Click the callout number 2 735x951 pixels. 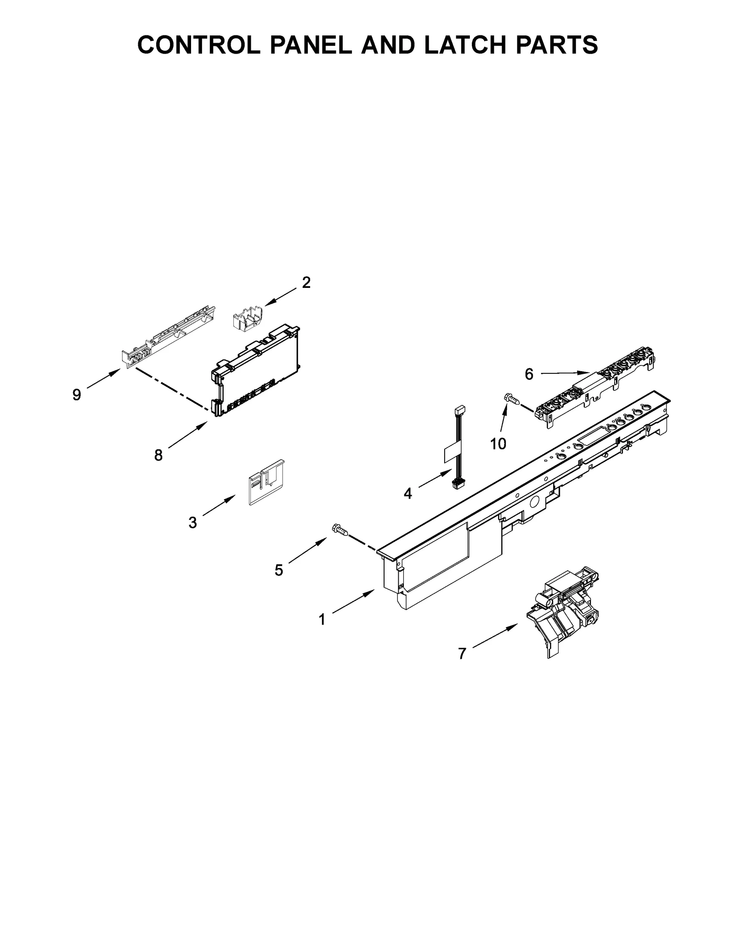306,282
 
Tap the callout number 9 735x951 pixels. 77,394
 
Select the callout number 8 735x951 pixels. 158,455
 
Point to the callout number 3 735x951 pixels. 192,522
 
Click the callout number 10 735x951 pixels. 498,444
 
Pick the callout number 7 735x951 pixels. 462,653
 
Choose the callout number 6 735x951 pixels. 529,374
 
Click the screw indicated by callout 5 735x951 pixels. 340,530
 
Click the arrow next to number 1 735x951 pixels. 354,602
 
